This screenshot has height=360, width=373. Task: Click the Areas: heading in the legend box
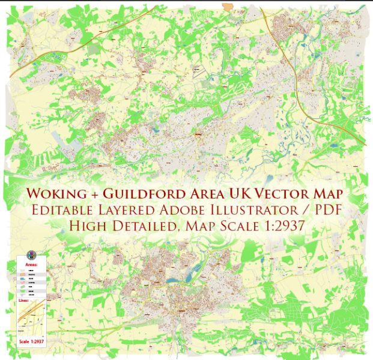tap(31, 264)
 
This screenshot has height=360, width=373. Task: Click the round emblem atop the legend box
tap(31, 254)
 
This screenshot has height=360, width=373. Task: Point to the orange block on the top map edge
tap(229, 6)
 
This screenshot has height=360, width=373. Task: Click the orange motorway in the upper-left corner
tap(36, 58)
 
